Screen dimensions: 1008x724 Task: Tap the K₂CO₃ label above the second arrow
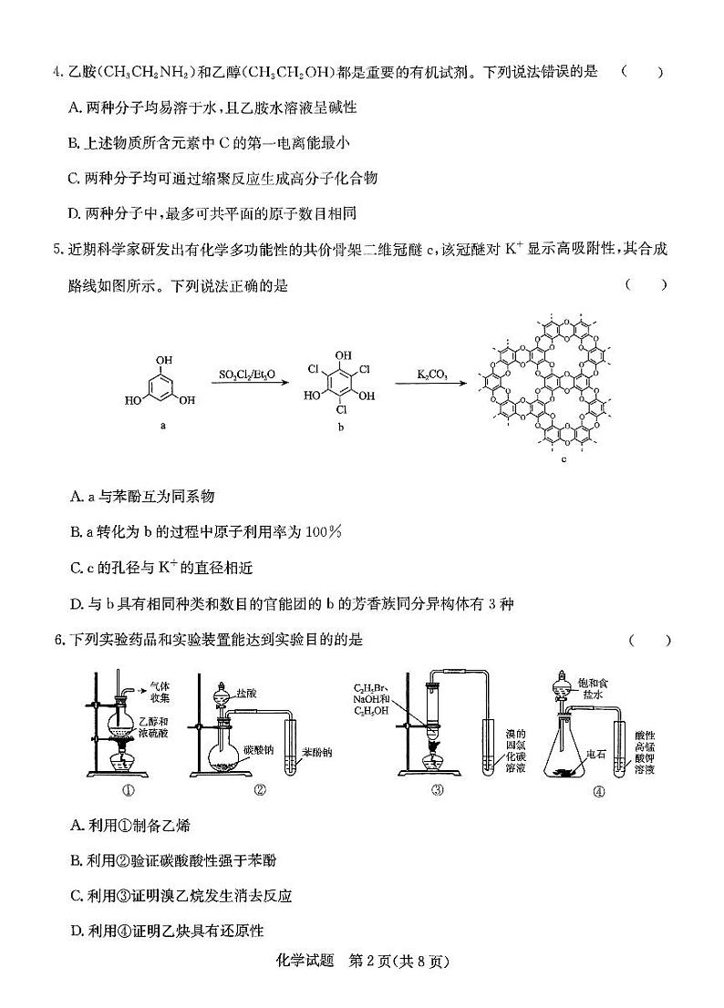(x=432, y=374)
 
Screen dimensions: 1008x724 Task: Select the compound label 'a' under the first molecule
(x=162, y=426)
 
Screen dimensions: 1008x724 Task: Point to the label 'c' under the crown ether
(x=564, y=458)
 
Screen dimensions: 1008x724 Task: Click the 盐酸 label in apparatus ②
(x=246, y=693)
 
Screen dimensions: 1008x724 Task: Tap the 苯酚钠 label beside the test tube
(x=315, y=754)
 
